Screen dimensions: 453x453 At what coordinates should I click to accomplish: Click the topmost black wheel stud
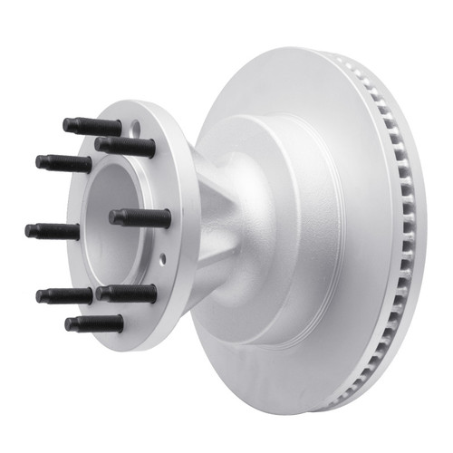coord(92,126)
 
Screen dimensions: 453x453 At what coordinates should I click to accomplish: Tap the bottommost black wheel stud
coord(94,323)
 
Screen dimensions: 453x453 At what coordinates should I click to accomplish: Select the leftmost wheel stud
coord(53,230)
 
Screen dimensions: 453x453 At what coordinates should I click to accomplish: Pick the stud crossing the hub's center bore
coord(140,217)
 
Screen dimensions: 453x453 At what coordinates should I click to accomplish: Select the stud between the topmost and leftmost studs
coord(63,164)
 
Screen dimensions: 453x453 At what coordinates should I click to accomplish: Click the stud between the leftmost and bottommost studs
coord(64,295)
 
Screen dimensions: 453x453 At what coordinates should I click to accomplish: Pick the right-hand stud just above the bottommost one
coord(127,294)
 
